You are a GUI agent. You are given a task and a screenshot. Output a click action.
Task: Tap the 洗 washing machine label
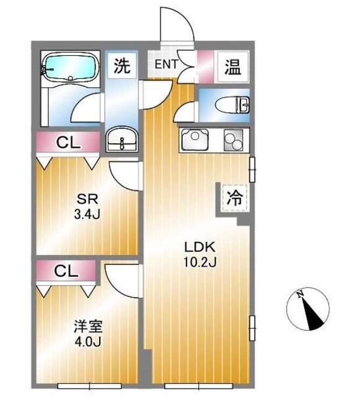coord(123,66)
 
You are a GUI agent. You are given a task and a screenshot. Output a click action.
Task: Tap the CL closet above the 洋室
coord(66,271)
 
